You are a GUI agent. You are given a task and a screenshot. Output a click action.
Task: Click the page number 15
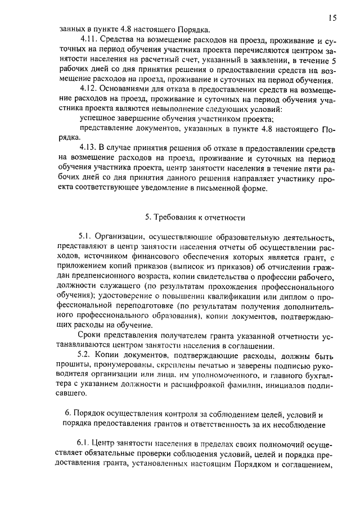point(333,18)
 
